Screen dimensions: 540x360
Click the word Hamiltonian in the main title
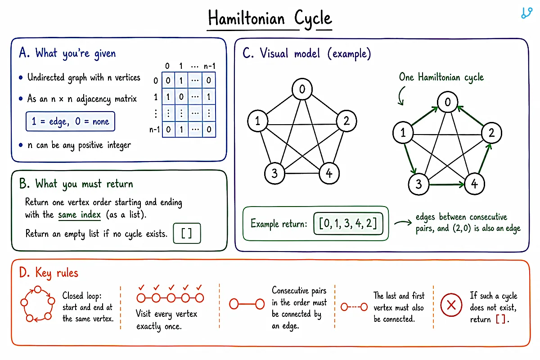[x=246, y=18]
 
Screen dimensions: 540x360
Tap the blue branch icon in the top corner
[x=526, y=13]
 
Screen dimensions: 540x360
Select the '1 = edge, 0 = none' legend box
[x=70, y=121]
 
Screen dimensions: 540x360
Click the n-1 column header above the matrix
[x=209, y=66]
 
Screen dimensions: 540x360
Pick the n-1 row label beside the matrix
[x=154, y=130]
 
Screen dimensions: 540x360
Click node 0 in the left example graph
[x=302, y=89]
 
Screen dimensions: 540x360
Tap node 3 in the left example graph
[x=274, y=173]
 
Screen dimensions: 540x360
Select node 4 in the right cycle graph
[x=474, y=184]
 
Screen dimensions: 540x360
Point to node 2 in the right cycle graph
[x=491, y=133]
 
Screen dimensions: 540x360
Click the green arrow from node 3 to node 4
[x=446, y=184]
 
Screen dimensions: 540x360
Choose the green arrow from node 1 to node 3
[x=410, y=158]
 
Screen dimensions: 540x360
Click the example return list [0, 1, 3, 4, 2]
[x=348, y=224]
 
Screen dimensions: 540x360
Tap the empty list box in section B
[x=187, y=233]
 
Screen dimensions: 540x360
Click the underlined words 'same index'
[x=79, y=215]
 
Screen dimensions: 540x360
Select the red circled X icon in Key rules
[x=451, y=305]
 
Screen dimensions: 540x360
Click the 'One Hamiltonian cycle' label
[x=441, y=77]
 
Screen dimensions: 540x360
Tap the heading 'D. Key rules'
[x=49, y=273]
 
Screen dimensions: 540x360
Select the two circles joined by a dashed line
[x=354, y=307]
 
